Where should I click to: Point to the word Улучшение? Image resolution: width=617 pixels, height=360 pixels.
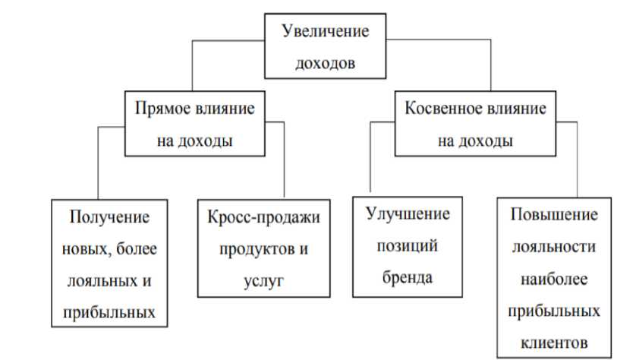tap(408, 213)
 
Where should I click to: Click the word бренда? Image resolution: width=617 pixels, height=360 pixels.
tap(408, 277)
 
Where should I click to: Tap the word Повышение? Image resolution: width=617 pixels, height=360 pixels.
tap(555, 215)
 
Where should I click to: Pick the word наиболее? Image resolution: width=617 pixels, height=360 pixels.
tap(555, 279)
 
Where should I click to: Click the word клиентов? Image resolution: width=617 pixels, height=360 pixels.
tap(555, 343)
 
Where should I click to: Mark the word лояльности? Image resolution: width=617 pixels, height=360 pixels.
tap(555, 248)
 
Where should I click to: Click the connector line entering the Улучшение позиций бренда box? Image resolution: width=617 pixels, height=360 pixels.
tap(370, 159)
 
